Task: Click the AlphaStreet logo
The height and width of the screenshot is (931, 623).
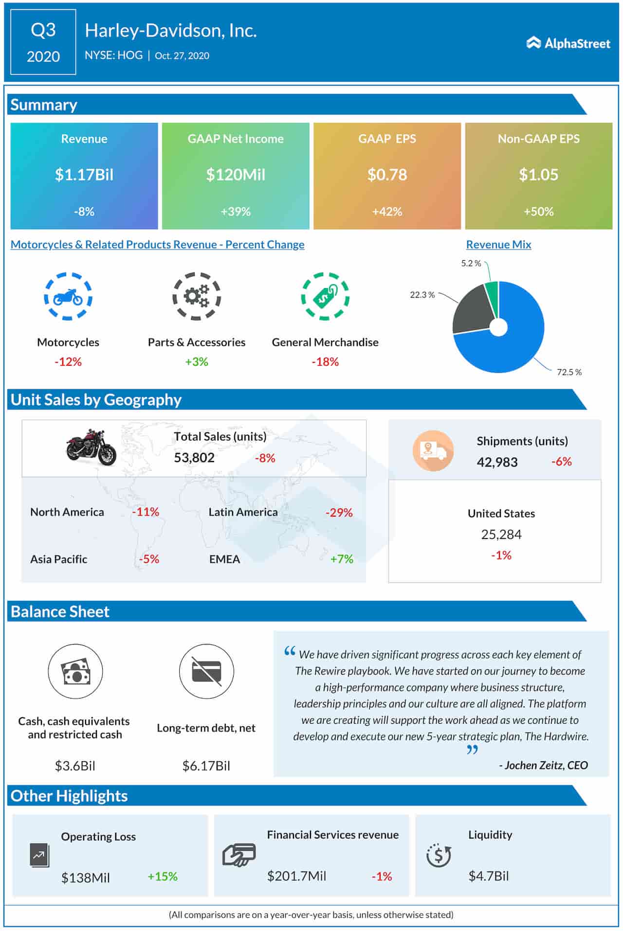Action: click(568, 43)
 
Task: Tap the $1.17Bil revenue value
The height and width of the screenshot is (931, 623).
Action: click(84, 175)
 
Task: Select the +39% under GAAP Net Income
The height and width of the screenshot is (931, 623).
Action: click(236, 212)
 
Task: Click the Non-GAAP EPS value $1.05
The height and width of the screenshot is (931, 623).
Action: click(538, 175)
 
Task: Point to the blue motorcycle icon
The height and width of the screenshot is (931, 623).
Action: click(68, 296)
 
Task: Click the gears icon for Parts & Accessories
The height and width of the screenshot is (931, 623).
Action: click(197, 296)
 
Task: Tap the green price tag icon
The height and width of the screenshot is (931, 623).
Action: click(325, 296)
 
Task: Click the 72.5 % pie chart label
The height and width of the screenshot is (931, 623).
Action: click(569, 372)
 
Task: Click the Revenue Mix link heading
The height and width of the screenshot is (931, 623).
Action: click(498, 245)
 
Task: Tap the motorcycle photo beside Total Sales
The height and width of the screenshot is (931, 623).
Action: click(91, 447)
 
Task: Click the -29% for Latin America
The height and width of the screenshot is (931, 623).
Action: click(339, 512)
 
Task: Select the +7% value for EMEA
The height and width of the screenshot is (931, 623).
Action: click(342, 559)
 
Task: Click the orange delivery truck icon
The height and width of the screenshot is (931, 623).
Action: click(433, 450)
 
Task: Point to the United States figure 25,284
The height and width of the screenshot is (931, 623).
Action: click(501, 535)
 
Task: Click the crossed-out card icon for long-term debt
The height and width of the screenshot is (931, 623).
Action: click(206, 671)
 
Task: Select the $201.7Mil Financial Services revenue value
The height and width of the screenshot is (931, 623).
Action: click(296, 876)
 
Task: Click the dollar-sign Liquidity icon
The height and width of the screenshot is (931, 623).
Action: click(439, 855)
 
